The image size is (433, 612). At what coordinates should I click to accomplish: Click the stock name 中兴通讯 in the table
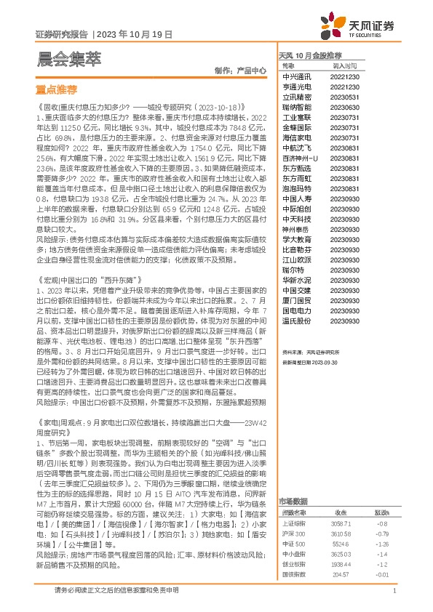296,76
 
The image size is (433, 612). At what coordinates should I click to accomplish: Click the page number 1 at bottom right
394,591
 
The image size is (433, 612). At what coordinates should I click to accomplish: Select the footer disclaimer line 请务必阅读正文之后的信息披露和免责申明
116,591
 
